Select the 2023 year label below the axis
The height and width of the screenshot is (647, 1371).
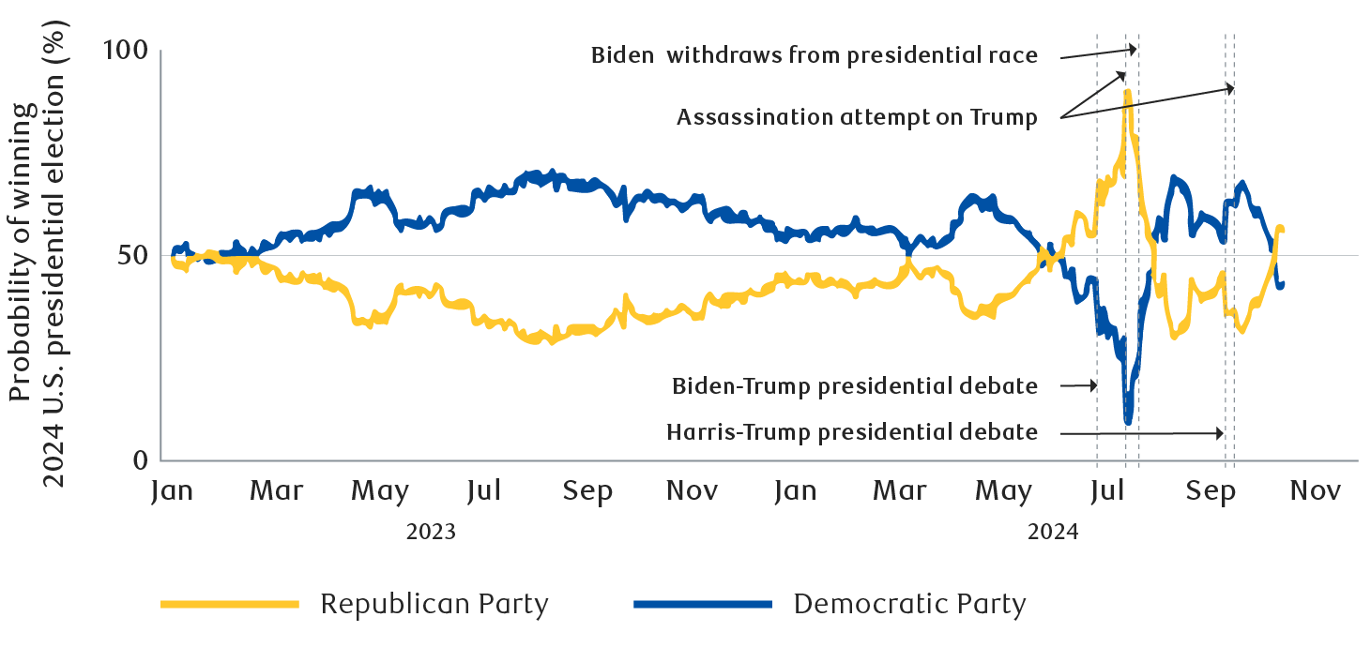(x=430, y=533)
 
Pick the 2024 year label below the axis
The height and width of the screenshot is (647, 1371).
(x=1053, y=533)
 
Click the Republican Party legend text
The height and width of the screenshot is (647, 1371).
(x=434, y=604)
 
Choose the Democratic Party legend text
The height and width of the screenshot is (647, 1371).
(x=909, y=604)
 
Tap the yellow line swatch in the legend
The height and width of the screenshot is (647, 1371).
(x=230, y=604)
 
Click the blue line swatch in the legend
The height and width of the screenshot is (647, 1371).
(x=703, y=604)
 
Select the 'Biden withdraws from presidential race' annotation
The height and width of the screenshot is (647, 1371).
(x=814, y=55)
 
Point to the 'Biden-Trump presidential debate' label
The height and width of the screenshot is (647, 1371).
(x=855, y=385)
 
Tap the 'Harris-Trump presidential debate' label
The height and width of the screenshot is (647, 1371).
(x=852, y=432)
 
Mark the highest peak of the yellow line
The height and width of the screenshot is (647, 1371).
(x=1127, y=92)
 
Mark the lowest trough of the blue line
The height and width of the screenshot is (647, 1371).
(x=1128, y=422)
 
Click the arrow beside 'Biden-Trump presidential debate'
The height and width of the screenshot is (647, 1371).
(x=1079, y=385)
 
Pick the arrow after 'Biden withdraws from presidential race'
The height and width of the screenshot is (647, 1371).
(x=1099, y=53)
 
